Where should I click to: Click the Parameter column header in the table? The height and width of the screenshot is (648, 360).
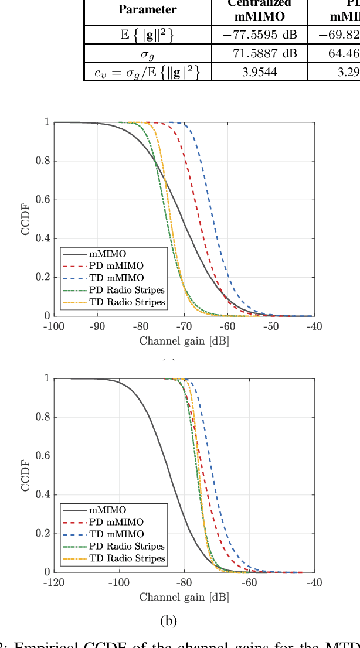[x=147, y=9]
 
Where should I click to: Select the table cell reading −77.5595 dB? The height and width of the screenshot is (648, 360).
[x=259, y=35]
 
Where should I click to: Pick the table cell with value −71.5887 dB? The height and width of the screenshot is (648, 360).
[x=259, y=54]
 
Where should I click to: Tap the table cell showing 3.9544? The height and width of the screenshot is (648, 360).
[x=259, y=72]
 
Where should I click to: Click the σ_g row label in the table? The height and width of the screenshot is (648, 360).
[x=147, y=54]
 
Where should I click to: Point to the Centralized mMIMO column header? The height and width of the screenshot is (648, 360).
[x=259, y=9]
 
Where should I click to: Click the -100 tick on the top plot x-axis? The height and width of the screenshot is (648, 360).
[x=54, y=327]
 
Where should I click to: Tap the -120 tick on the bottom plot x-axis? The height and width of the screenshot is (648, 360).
[x=54, y=583]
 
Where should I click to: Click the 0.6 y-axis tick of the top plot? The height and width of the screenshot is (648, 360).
[x=43, y=200]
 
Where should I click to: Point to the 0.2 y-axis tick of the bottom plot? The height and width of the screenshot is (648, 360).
[x=43, y=533]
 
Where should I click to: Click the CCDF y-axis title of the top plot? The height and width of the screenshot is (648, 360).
[x=26, y=219]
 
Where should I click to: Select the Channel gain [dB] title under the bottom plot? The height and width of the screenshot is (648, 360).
[x=184, y=597]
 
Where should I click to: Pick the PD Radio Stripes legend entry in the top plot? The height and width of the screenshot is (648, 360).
[x=127, y=290]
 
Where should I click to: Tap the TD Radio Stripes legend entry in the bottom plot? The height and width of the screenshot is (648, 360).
[x=127, y=558]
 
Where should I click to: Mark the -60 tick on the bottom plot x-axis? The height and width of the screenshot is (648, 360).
[x=250, y=583]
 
